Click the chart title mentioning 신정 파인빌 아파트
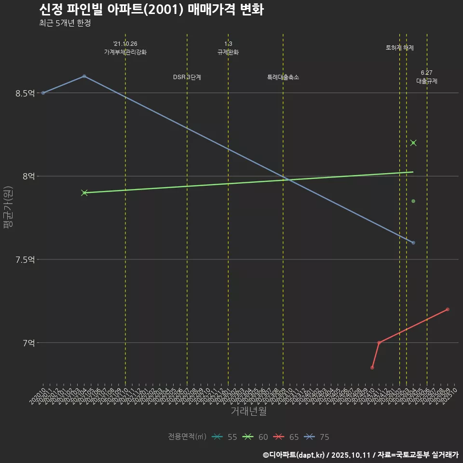click(x=151, y=10)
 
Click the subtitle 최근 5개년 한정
click(x=65, y=23)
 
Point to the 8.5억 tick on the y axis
click(x=25, y=93)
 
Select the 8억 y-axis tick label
click(x=28, y=177)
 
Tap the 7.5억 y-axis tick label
click(x=25, y=260)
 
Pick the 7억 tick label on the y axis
click(x=28, y=343)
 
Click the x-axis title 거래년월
click(x=248, y=411)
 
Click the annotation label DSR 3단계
click(x=187, y=77)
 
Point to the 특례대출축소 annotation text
click(x=283, y=77)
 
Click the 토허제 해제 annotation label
click(x=400, y=48)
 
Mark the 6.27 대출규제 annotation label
click(x=427, y=77)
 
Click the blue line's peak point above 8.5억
click(x=84, y=76)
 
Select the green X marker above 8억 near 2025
click(x=413, y=143)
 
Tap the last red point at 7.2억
click(x=448, y=309)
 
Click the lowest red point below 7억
click(x=372, y=368)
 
